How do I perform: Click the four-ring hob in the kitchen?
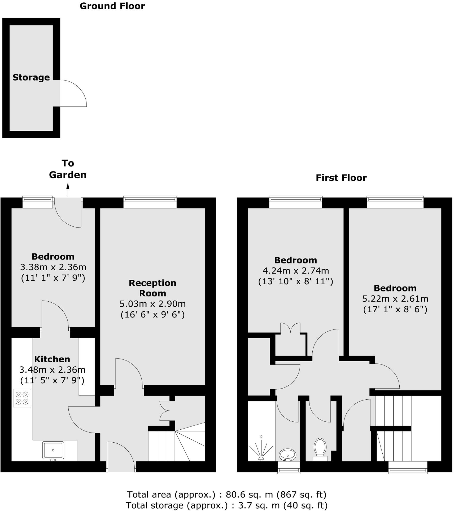(22, 398)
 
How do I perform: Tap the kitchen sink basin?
(53, 450)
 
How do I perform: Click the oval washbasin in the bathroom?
(287, 455)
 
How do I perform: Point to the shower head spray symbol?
(261, 448)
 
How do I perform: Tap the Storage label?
(31, 77)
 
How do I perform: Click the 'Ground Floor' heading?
(112, 6)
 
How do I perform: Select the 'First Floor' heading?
(341, 178)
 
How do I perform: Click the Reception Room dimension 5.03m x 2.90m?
(152, 304)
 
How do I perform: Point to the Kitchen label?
(52, 359)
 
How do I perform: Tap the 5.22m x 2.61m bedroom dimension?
(395, 299)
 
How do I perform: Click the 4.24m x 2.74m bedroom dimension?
(296, 271)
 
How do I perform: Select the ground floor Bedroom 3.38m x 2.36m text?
(53, 267)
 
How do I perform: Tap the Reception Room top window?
(150, 202)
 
